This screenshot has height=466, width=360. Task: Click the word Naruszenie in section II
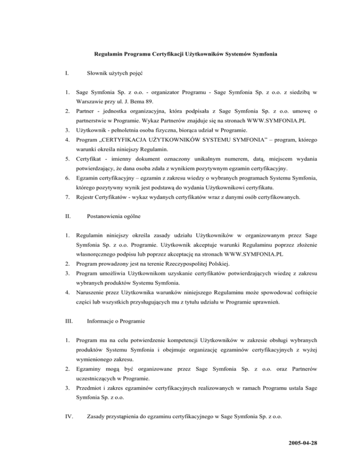[93, 291]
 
